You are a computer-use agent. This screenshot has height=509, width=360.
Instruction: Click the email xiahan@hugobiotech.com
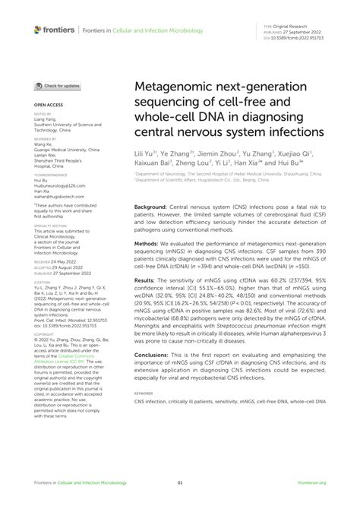point(58,195)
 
